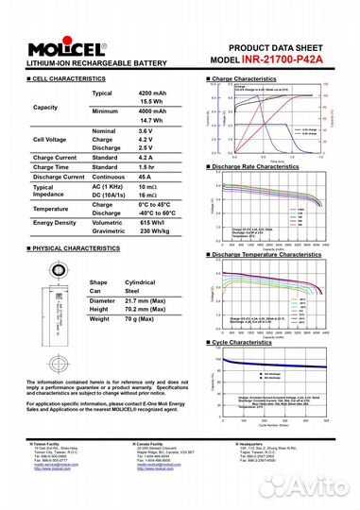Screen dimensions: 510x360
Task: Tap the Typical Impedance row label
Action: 43,191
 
